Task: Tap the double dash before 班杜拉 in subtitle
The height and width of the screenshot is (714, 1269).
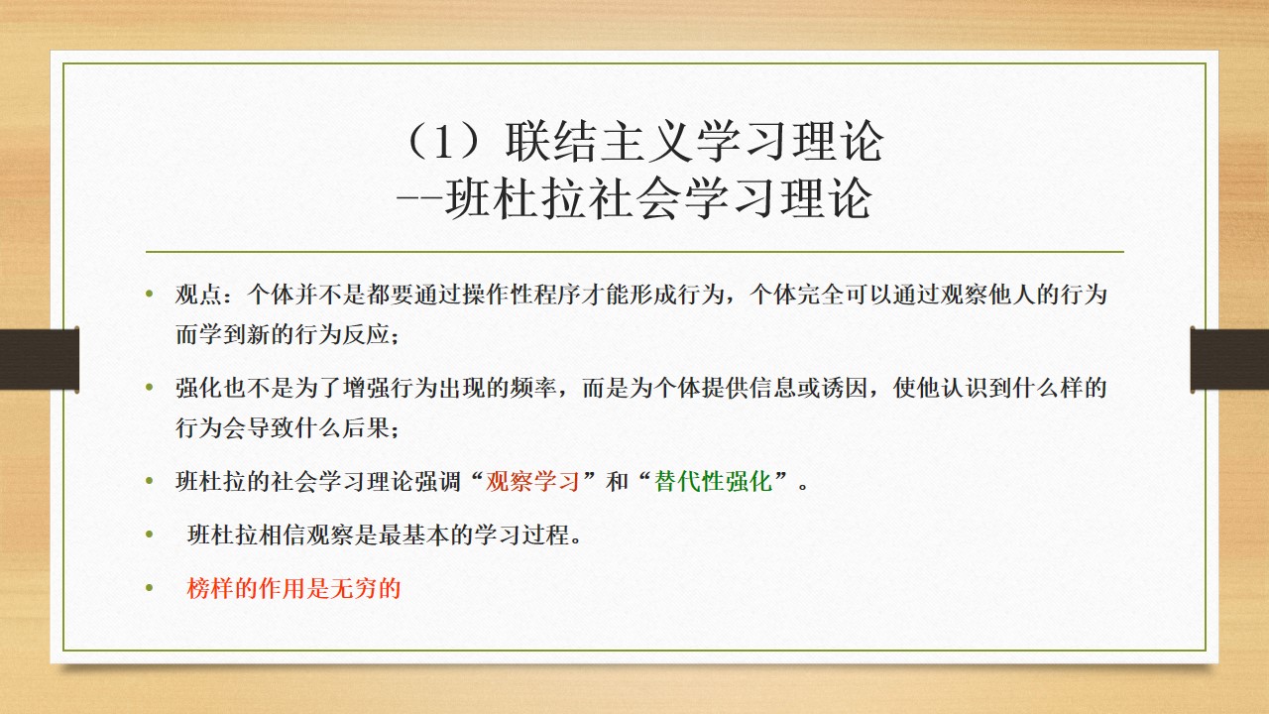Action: pyautogui.click(x=418, y=199)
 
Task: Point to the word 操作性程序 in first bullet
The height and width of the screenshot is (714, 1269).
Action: pyautogui.click(x=521, y=295)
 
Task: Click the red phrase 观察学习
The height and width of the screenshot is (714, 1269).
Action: pyautogui.click(x=532, y=482)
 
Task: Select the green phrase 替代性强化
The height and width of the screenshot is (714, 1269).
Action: pyautogui.click(x=714, y=482)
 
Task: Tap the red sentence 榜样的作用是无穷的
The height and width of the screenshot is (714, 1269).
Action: pyautogui.click(x=294, y=588)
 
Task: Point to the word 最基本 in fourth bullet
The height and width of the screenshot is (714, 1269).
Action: pyautogui.click(x=413, y=535)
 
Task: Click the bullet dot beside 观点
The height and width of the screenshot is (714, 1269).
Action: pyautogui.click(x=150, y=294)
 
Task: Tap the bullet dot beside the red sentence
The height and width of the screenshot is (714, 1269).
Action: pyautogui.click(x=150, y=588)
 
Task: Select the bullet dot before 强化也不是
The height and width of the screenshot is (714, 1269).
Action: pyautogui.click(x=150, y=387)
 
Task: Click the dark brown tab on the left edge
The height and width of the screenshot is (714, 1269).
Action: pyautogui.click(x=39, y=359)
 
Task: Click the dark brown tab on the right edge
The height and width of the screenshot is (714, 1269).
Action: pyautogui.click(x=1230, y=359)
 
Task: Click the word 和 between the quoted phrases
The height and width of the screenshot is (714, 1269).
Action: pyautogui.click(x=617, y=482)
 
